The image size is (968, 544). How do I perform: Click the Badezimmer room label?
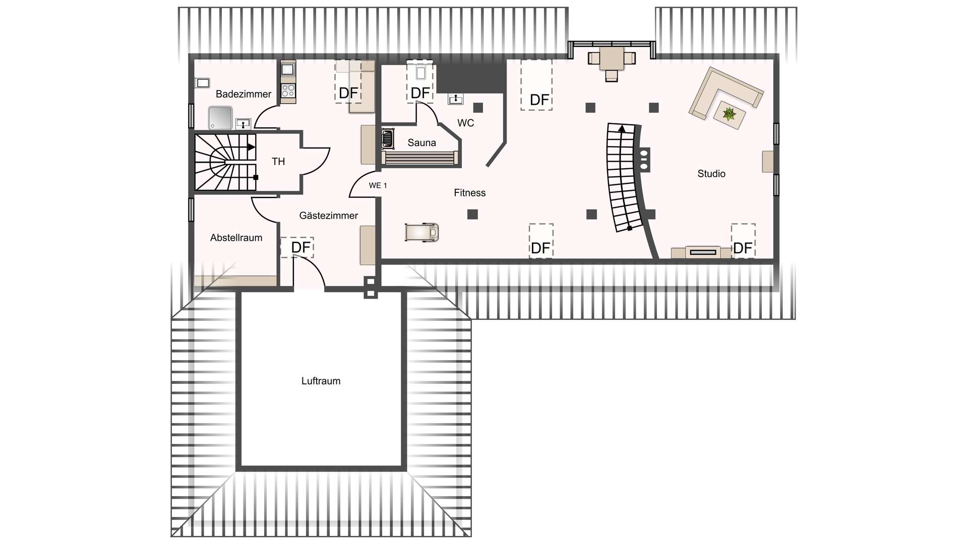click(x=244, y=94)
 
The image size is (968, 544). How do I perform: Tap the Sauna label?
click(x=421, y=143)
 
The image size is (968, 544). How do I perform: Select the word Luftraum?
click(x=321, y=381)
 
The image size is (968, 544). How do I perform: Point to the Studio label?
click(x=711, y=174)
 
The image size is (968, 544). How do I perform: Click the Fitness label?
click(x=469, y=193)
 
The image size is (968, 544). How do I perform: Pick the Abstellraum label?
click(x=236, y=238)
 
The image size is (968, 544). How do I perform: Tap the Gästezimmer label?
click(x=328, y=216)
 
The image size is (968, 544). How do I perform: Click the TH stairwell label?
click(x=278, y=162)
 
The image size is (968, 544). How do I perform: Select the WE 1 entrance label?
click(x=378, y=186)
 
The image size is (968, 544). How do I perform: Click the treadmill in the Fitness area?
click(x=422, y=232)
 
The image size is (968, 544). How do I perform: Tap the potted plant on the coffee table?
click(x=729, y=114)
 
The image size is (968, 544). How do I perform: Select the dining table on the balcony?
click(x=612, y=58)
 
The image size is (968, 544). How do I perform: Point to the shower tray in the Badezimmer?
click(x=220, y=118)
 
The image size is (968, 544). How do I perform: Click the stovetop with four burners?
click(x=288, y=91)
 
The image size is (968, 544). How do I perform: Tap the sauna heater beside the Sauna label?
click(x=387, y=139)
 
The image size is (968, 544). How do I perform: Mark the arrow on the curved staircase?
click(x=622, y=128)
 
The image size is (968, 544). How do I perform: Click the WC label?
click(x=465, y=123)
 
